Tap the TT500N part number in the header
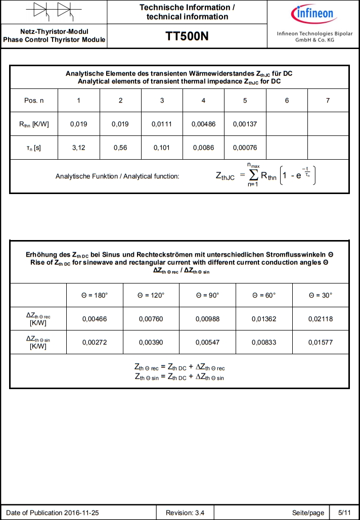click(x=187, y=36)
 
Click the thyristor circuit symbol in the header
click(x=54, y=11)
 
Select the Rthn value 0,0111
click(x=162, y=124)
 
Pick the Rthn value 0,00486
click(x=203, y=124)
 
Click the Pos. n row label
click(x=34, y=100)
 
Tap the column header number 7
click(x=328, y=100)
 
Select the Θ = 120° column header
click(x=151, y=295)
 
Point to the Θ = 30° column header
click(x=321, y=295)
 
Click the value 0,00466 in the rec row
click(x=95, y=319)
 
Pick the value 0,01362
click(x=264, y=319)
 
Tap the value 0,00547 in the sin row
click(x=208, y=342)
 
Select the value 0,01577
click(x=321, y=342)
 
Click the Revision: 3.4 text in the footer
click(x=185, y=513)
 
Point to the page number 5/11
click(x=344, y=513)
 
